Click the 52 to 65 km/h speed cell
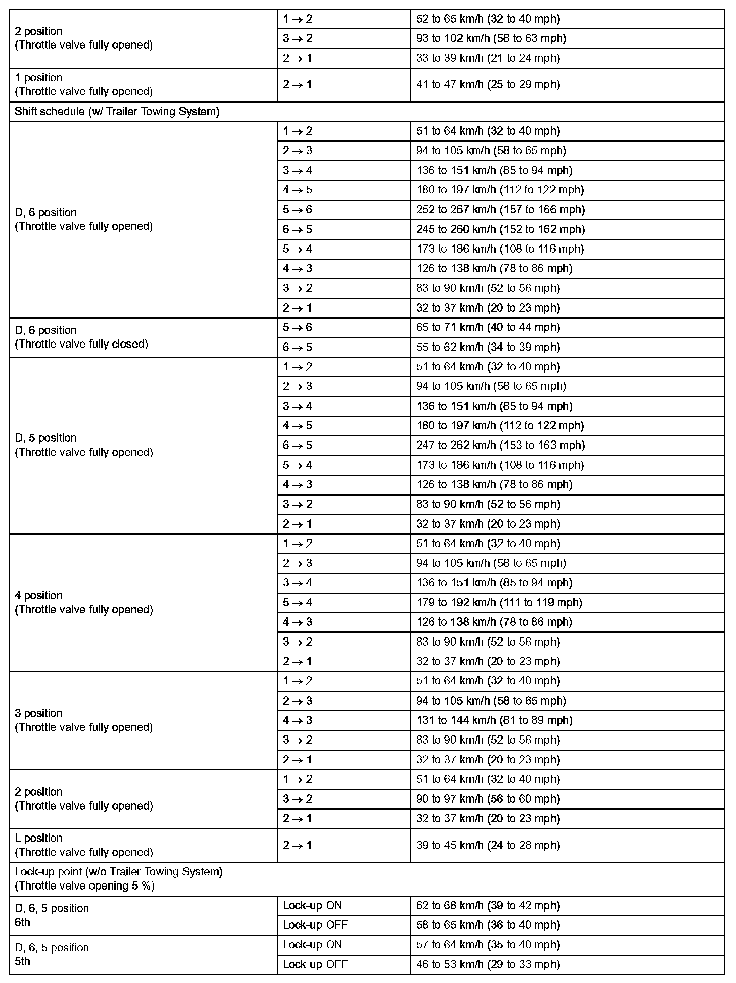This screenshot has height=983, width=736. [488, 19]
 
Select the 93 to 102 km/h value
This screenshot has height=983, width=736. [491, 38]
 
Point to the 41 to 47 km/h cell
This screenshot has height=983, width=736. [488, 84]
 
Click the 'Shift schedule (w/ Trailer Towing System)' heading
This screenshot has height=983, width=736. [117, 112]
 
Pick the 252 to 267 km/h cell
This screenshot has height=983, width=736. [500, 210]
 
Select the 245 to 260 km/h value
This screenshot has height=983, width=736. [500, 229]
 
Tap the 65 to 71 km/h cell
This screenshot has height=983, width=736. [488, 327]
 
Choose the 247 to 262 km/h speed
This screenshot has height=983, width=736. [500, 446]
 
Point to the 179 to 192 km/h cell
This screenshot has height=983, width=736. [499, 603]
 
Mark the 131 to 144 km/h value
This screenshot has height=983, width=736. [494, 720]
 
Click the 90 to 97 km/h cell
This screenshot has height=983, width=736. [488, 799]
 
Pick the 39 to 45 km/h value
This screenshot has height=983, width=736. [488, 845]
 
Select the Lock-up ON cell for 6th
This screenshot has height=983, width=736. [312, 906]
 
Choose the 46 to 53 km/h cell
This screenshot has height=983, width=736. [488, 964]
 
